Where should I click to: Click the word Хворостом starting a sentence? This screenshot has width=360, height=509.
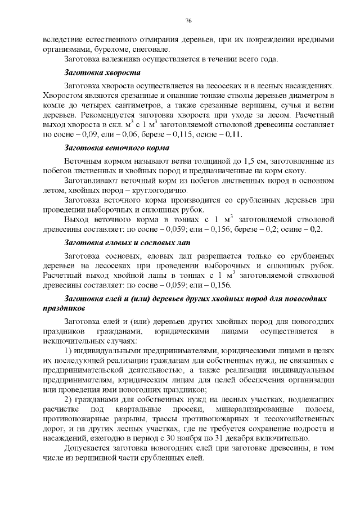click(61, 96)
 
